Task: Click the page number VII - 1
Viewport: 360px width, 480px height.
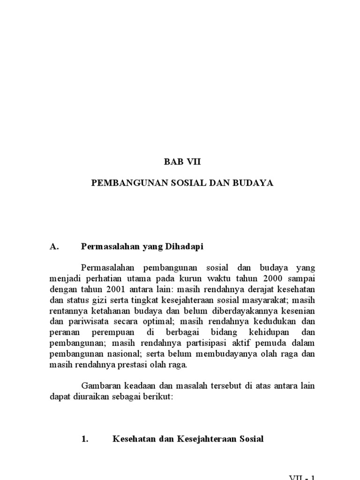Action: click(x=301, y=476)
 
